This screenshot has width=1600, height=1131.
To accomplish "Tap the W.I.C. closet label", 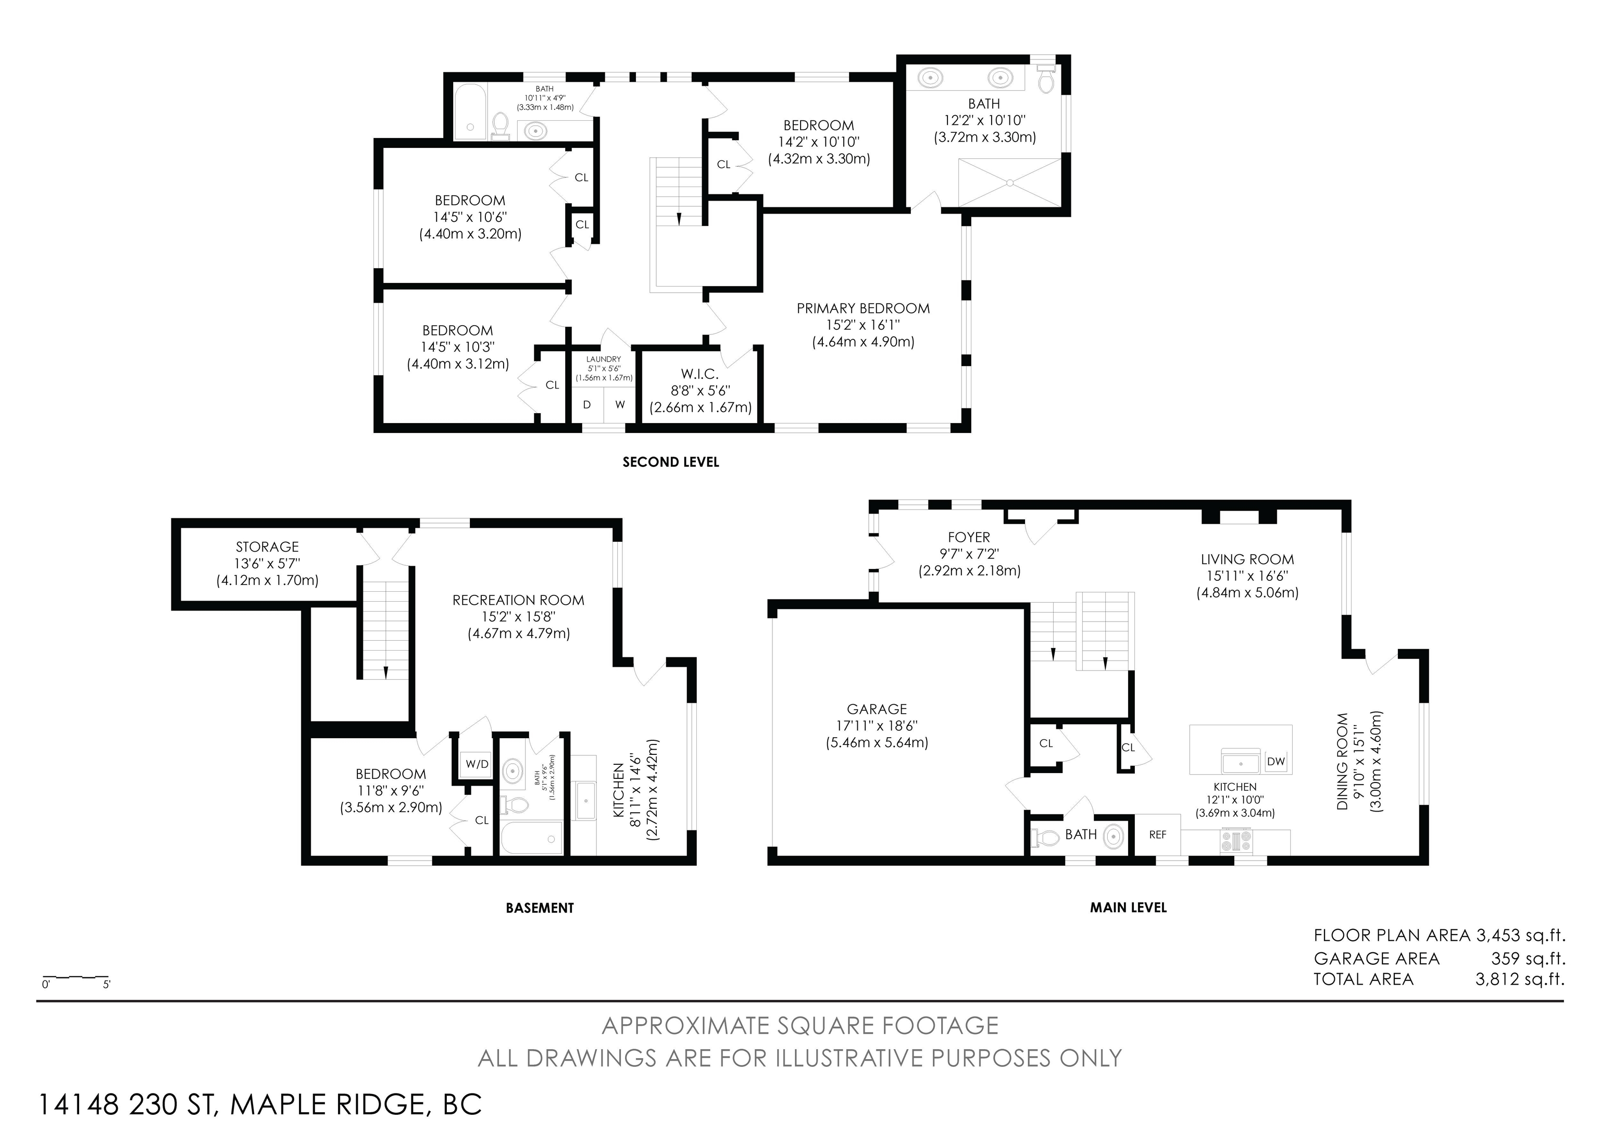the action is pyautogui.click(x=701, y=374).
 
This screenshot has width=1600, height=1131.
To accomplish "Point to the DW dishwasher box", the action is pyautogui.click(x=1276, y=762).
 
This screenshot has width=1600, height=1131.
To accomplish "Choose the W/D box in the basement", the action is pyautogui.click(x=478, y=764).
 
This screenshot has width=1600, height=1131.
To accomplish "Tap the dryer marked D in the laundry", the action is pyautogui.click(x=587, y=405).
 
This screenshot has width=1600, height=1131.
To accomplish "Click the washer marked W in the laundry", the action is pyautogui.click(x=619, y=405).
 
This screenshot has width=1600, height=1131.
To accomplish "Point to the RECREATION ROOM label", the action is pyautogui.click(x=518, y=600).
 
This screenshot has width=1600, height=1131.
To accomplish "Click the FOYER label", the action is pyautogui.click(x=969, y=537).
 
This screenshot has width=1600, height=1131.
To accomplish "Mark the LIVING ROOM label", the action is pyautogui.click(x=1247, y=560).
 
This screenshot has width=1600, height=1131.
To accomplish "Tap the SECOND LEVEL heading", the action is pyautogui.click(x=670, y=462).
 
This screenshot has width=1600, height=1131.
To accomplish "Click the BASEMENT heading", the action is pyautogui.click(x=540, y=908).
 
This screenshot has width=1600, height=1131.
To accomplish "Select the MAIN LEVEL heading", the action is pyautogui.click(x=1128, y=908).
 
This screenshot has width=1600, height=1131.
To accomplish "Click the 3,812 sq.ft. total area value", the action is pyautogui.click(x=1520, y=979).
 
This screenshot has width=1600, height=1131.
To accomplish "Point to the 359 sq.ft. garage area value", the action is pyautogui.click(x=1528, y=958).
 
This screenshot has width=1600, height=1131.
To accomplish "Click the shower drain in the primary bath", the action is pyautogui.click(x=1010, y=182).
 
